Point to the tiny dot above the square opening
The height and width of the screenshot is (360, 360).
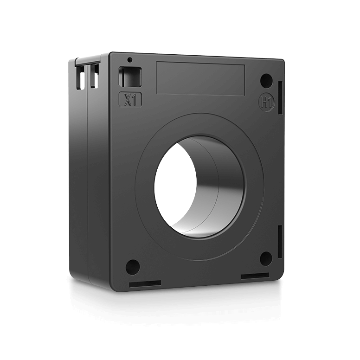(130, 60)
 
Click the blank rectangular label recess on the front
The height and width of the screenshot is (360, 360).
(200, 79)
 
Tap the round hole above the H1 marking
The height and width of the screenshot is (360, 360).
(266, 81)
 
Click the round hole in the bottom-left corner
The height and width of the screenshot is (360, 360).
(132, 266)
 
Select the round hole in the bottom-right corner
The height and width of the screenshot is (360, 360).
(265, 258)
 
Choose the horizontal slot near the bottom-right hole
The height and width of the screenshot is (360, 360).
(255, 276)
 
